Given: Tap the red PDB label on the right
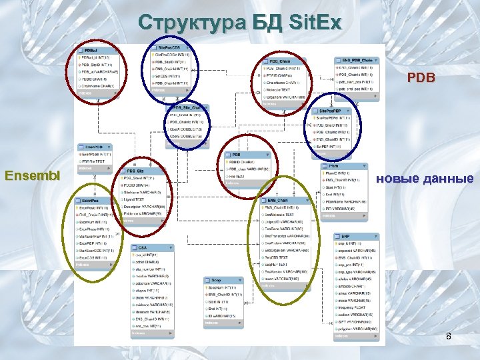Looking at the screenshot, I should (421, 78).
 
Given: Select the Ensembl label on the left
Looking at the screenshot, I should (32, 177).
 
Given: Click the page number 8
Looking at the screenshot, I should (449, 337).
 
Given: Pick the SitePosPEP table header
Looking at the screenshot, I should (333, 109).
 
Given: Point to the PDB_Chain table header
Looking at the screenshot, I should (281, 61).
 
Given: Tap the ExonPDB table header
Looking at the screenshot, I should (93, 146).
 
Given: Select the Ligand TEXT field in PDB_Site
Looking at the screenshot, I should (137, 199).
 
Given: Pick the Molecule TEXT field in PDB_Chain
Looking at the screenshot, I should (279, 89).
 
